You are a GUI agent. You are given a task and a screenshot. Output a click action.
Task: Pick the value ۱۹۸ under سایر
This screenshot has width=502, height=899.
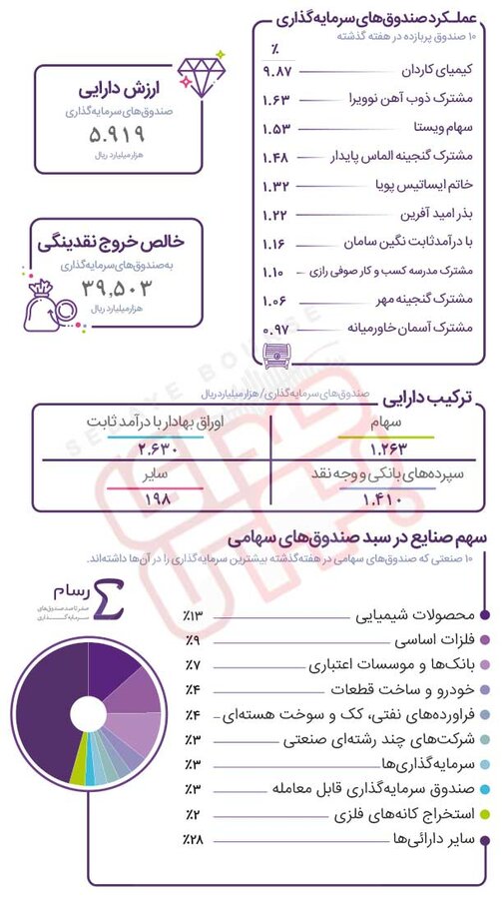(159, 498)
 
